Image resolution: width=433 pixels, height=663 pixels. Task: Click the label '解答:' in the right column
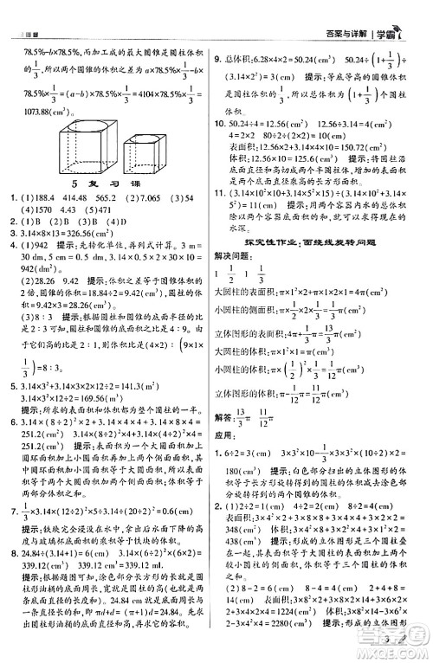coord(228,392)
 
